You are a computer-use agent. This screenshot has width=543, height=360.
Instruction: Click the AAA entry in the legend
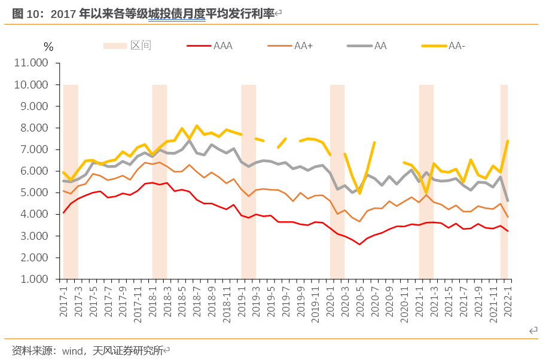tap(222, 45)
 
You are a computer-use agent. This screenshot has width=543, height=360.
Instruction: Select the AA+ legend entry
tap(303, 45)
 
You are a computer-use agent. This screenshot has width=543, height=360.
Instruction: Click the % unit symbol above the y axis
tap(48, 47)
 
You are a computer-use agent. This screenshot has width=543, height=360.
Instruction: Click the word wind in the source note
tap(72, 350)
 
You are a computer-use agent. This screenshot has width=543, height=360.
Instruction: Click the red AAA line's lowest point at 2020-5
tap(359, 244)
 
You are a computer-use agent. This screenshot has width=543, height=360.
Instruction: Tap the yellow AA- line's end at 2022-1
tap(508, 141)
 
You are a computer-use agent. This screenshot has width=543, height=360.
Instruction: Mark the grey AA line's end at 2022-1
tap(508, 200)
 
